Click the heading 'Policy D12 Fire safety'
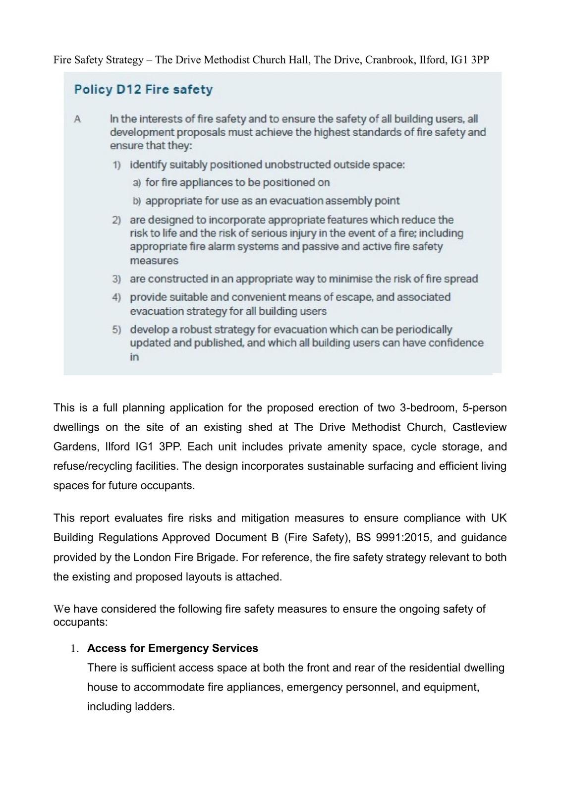(x=143, y=90)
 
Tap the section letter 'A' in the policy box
(x=77, y=119)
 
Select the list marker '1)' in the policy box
(x=116, y=165)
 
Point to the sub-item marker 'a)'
(x=137, y=183)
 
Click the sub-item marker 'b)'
(x=137, y=201)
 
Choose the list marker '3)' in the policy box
(x=116, y=279)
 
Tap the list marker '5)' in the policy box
(x=116, y=330)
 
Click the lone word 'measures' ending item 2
(x=154, y=261)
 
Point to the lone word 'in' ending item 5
(x=134, y=357)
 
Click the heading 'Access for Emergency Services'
(x=172, y=648)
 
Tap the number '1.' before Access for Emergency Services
(x=74, y=649)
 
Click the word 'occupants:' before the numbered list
(x=80, y=622)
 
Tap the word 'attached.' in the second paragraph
(x=259, y=577)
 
